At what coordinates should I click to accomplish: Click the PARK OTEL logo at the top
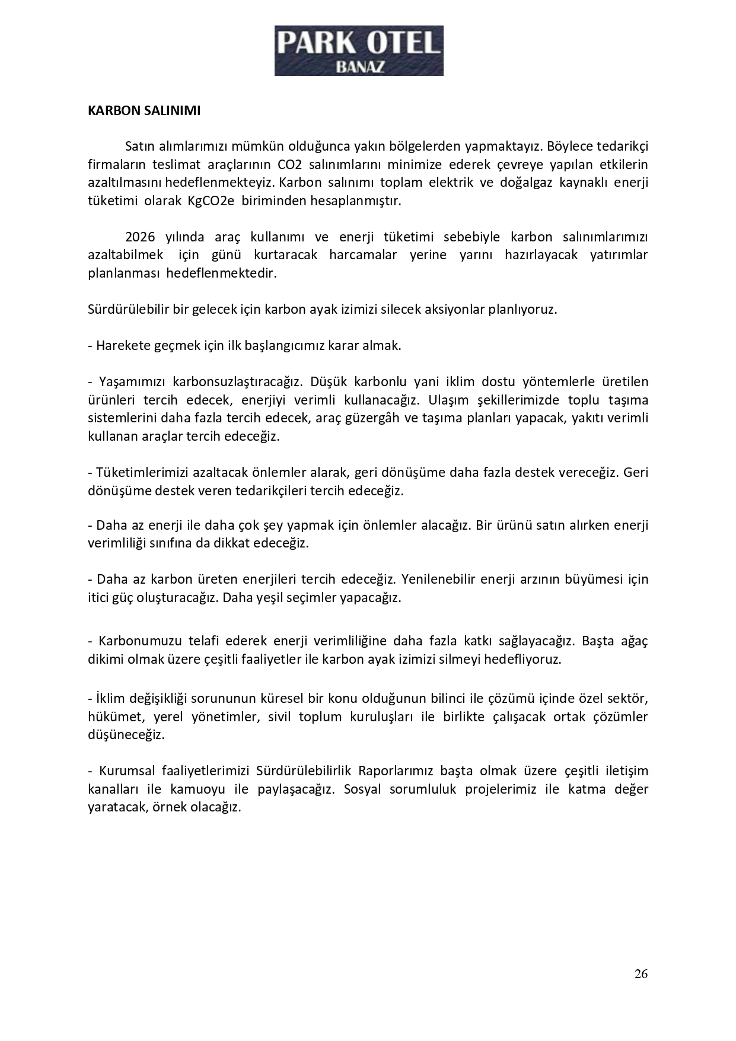pos(358,50)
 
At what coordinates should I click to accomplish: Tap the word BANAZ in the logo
pos(360,67)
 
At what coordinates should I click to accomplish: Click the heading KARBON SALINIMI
pos(144,111)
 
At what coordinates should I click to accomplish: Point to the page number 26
pos(641,973)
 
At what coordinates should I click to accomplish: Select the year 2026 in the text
pos(140,237)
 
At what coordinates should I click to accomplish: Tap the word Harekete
pos(122,345)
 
